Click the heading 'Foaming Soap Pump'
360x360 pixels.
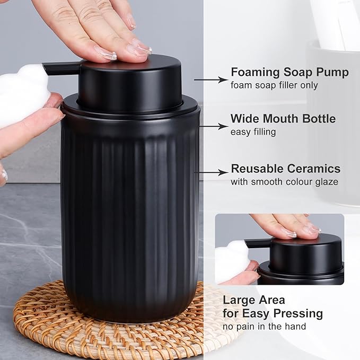289,73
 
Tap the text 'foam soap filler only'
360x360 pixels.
274,85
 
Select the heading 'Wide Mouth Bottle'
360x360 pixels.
283,119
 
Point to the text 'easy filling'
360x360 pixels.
253,131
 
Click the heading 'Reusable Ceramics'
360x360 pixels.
285,169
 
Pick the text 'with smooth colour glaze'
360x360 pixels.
284,182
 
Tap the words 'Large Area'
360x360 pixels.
253,300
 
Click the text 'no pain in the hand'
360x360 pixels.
264,327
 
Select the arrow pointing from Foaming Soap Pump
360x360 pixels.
210,80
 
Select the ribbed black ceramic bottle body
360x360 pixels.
130,212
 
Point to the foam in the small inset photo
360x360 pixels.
231,260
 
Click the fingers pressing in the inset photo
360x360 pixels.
289,225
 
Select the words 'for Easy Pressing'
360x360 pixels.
273,313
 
